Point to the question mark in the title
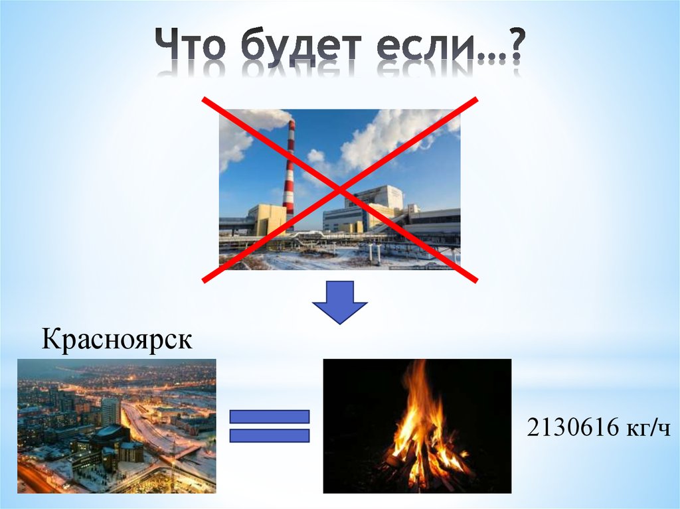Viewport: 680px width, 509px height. [x=512, y=48]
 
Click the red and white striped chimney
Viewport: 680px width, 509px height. [x=289, y=173]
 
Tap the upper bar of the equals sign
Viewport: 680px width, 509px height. [x=270, y=417]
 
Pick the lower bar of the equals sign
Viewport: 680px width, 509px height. [x=270, y=436]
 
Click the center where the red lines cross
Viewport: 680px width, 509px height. [x=340, y=190]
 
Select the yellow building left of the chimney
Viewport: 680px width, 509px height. [x=268, y=219]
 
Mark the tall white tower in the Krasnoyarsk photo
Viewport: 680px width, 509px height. [x=111, y=411]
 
